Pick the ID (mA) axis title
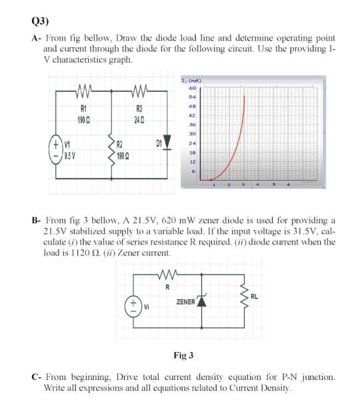[191, 81]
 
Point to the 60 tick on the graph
[191, 87]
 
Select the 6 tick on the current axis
[191, 171]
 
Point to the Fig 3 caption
[183, 355]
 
